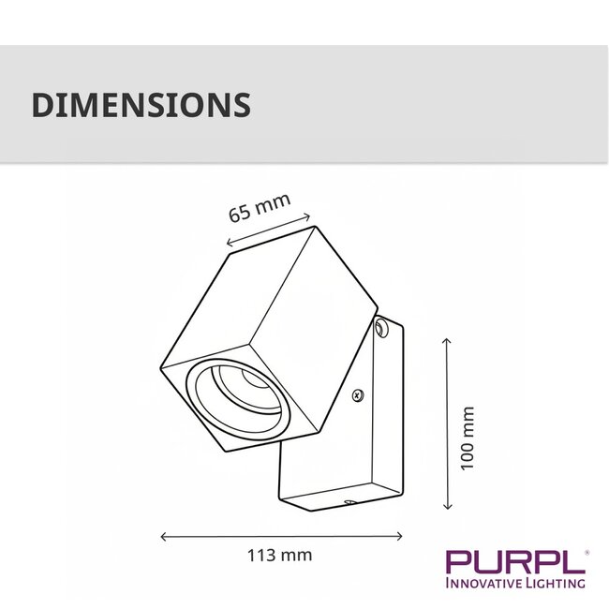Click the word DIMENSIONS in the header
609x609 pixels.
click(141, 104)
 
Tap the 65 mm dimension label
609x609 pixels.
click(260, 207)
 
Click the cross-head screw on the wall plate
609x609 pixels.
click(358, 395)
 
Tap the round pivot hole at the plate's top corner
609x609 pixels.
click(381, 328)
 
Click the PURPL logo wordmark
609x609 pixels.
click(514, 562)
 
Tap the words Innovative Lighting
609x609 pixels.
click(515, 584)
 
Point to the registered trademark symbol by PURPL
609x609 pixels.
click(587, 552)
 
